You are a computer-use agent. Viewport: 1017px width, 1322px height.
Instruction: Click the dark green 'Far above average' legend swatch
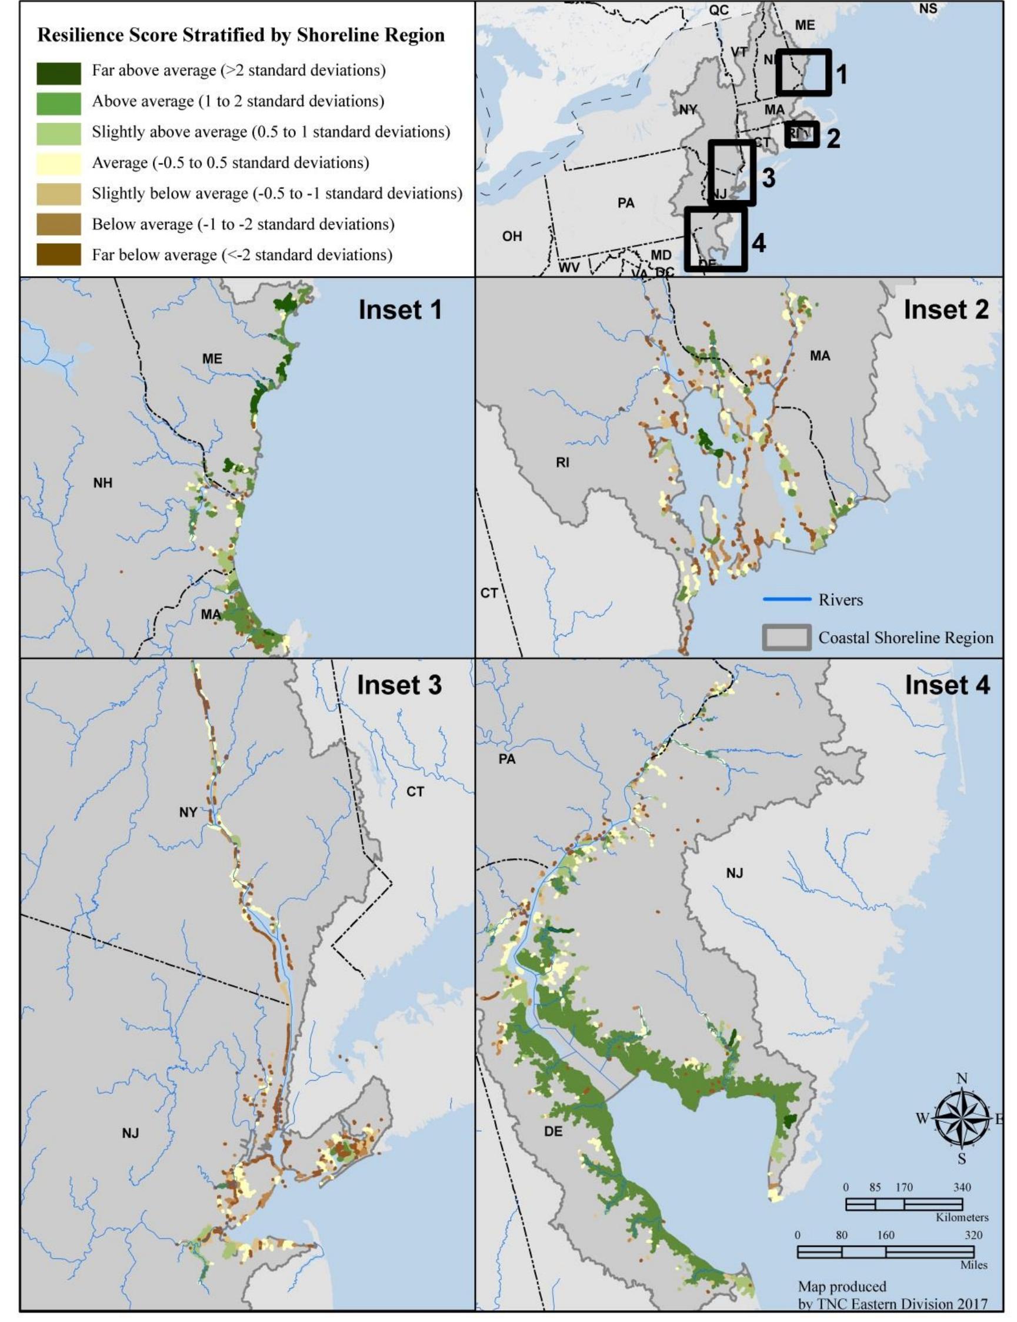58,73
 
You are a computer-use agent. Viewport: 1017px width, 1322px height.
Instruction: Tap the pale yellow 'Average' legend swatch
58,164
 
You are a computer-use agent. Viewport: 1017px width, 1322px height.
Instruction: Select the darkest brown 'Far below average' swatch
58,255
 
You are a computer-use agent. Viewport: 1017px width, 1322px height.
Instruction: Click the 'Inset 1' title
399,310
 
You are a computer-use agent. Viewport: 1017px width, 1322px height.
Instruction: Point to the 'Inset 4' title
947,685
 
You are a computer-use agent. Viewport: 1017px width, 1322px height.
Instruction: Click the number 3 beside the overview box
768,178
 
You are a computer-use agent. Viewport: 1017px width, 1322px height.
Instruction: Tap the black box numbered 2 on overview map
802,134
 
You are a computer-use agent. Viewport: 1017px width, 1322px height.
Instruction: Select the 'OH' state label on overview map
512,236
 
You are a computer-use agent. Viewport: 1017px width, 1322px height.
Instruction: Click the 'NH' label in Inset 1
103,483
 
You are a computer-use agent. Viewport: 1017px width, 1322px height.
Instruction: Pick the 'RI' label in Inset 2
562,463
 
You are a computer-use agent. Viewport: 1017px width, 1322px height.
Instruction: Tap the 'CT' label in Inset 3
415,792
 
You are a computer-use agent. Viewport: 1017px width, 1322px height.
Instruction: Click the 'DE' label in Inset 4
553,1131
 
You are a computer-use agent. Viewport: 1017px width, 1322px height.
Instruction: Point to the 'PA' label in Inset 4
507,759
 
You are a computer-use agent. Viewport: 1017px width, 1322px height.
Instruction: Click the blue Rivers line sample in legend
786,599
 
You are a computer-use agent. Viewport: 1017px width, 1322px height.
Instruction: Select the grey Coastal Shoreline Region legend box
786,637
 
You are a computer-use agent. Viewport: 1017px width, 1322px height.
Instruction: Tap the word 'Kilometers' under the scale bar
962,1217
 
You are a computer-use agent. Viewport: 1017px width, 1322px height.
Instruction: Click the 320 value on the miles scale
973,1235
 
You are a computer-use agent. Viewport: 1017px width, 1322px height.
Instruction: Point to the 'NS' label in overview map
928,8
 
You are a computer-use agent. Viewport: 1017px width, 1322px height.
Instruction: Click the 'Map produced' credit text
842,1286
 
